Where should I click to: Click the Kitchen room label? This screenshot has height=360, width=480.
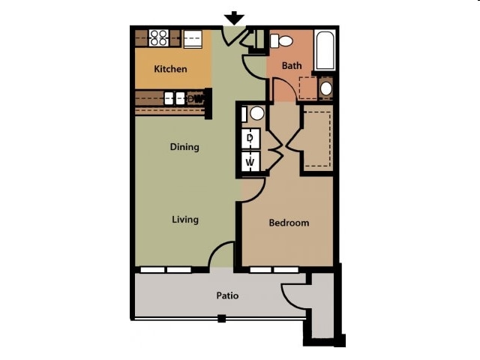click(170, 69)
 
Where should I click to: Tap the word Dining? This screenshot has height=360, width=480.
click(184, 147)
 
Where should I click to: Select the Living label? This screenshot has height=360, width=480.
click(184, 220)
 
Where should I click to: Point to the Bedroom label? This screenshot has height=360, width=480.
click(289, 223)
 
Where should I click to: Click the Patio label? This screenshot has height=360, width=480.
click(227, 295)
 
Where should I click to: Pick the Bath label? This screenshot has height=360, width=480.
click(292, 66)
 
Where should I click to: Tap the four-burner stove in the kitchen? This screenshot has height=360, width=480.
click(159, 37)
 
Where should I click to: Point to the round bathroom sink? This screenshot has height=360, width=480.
click(326, 88)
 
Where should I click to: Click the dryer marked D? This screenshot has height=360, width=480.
click(250, 138)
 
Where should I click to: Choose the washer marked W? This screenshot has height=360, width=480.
click(250, 161)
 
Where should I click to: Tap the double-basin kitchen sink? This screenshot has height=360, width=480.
click(175, 97)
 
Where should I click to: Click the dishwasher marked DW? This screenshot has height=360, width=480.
click(196, 98)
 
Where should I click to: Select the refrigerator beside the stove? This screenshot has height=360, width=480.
click(193, 37)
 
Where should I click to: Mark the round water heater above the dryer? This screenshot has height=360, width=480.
click(256, 114)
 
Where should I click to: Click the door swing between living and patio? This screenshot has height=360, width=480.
click(223, 255)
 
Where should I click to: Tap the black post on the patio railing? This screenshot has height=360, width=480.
click(221, 319)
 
